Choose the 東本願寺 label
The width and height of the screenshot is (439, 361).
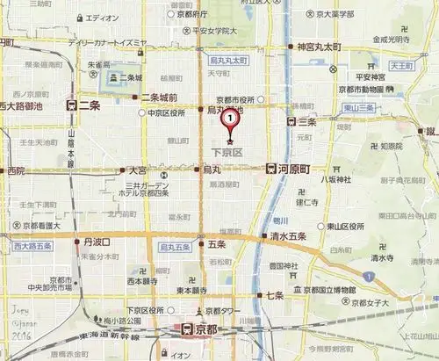pos(191,290)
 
